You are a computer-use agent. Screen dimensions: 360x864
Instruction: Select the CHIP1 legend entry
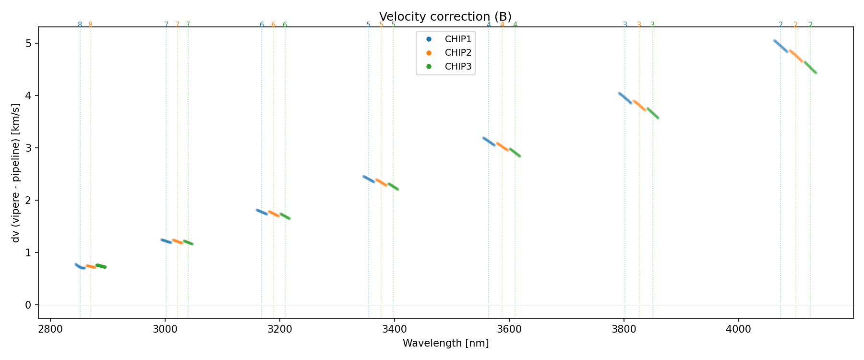point(458,39)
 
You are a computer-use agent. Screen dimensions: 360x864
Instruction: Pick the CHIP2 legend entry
point(458,53)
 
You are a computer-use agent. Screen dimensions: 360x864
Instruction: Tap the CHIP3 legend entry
point(458,67)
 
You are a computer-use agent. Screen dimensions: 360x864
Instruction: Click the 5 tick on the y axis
point(28,44)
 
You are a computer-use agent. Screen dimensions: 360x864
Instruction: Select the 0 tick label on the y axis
point(28,305)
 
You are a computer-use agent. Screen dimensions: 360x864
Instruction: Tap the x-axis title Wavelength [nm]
point(445,343)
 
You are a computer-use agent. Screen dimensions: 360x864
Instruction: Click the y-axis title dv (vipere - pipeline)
point(16,173)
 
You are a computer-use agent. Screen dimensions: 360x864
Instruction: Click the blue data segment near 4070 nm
point(781,46)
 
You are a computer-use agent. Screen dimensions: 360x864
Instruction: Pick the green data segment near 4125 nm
point(810,67)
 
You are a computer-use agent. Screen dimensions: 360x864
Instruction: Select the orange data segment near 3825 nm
point(639,106)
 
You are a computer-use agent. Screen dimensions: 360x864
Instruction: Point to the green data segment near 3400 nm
point(393,186)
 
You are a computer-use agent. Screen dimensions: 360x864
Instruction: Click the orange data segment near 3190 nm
point(274,214)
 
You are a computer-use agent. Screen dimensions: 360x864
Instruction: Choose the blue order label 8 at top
point(80,25)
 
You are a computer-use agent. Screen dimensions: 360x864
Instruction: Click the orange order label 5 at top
point(381,25)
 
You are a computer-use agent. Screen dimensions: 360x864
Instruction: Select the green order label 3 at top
point(652,25)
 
